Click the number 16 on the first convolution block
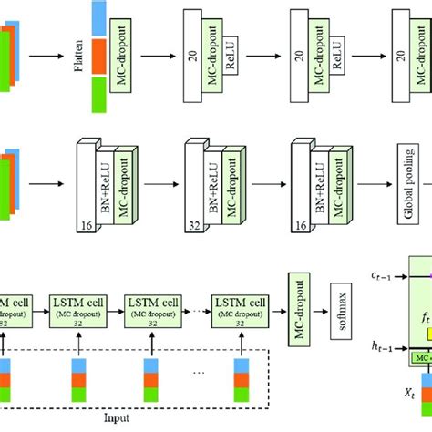85,223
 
